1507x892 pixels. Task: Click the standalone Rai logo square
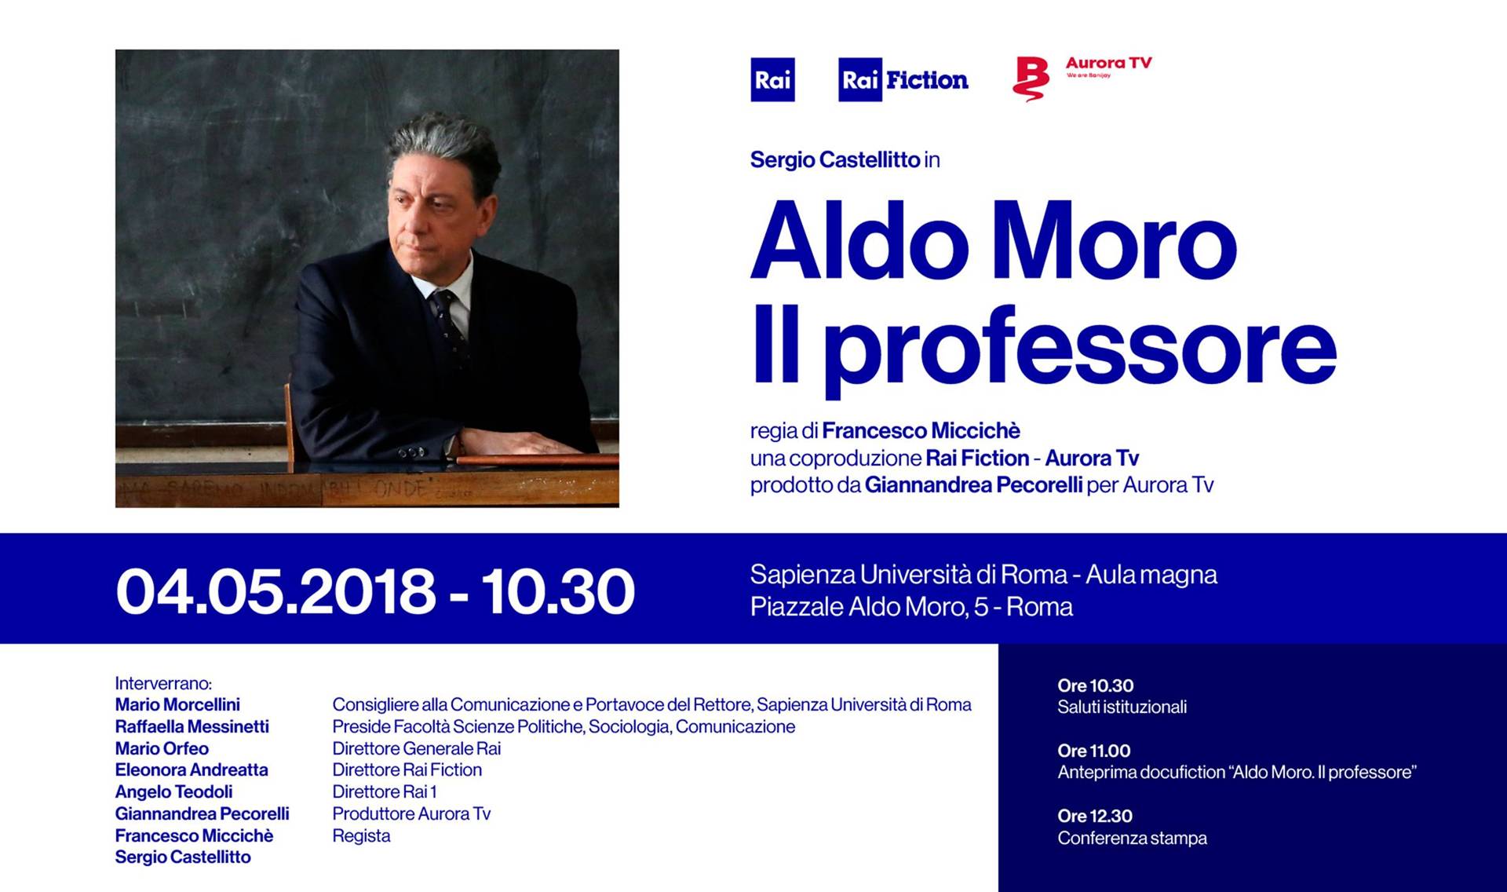tap(772, 79)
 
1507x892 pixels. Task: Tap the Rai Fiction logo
tap(903, 79)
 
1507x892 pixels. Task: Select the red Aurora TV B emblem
tap(1031, 79)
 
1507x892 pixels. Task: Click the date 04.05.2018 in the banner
tap(275, 590)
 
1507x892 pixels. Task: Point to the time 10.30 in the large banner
tap(558, 590)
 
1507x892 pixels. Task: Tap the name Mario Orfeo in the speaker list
tap(162, 748)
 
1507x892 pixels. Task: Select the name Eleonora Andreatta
tap(192, 770)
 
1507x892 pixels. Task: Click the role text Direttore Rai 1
tap(385, 791)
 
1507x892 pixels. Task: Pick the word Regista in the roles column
tap(361, 836)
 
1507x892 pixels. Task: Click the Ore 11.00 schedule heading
tap(1094, 751)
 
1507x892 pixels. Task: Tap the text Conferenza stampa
tap(1132, 838)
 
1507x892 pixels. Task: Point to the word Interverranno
tap(163, 683)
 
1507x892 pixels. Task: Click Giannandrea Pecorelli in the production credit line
tap(973, 485)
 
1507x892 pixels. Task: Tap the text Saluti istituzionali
tap(1122, 707)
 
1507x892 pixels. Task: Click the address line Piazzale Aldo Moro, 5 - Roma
tap(911, 607)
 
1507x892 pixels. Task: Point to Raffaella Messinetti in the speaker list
tap(192, 726)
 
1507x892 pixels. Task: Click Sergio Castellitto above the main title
tap(835, 160)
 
